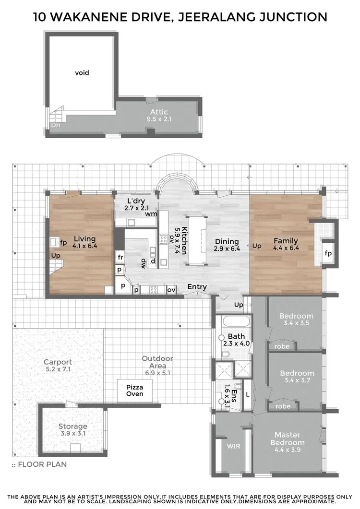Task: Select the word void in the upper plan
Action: coord(82,73)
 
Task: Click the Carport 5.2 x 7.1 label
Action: coord(58,366)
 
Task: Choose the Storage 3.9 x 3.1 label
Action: coord(73,429)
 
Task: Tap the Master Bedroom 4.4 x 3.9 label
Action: coord(287,442)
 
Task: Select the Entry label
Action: coord(197,287)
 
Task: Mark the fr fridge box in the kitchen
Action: coord(120,257)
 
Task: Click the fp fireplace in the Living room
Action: coord(63,242)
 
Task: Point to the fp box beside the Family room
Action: coord(328,253)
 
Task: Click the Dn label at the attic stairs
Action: coord(56,125)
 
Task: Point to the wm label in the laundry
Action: coord(151,214)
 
